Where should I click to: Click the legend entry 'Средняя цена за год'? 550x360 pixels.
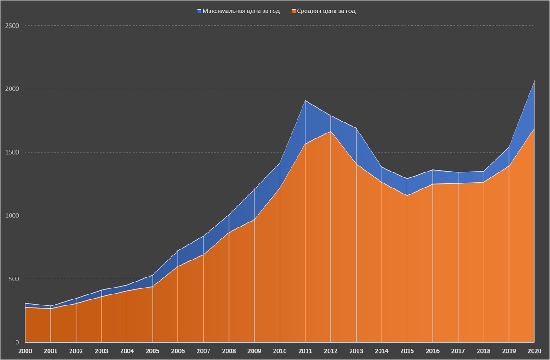click(x=326, y=11)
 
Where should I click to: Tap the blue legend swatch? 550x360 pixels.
click(x=199, y=11)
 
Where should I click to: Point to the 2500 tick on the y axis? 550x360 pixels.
click(x=12, y=26)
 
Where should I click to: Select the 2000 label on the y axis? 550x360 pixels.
click(x=12, y=89)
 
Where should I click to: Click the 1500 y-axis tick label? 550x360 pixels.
click(x=12, y=152)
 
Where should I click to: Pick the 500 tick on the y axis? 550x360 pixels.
click(x=14, y=279)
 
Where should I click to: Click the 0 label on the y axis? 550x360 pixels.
click(x=17, y=343)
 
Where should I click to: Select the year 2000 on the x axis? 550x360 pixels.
click(x=25, y=351)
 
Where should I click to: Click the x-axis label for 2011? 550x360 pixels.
click(x=305, y=351)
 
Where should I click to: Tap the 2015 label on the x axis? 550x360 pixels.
click(x=407, y=351)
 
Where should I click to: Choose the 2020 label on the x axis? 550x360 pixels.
click(x=534, y=351)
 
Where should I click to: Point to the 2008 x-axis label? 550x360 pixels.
click(x=229, y=351)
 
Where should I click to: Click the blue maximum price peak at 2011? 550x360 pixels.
click(x=305, y=100)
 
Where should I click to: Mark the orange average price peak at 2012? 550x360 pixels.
click(x=330, y=131)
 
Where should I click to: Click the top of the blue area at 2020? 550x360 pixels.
click(x=534, y=81)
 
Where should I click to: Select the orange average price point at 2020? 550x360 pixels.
click(x=534, y=128)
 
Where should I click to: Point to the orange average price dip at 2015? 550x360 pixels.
click(x=407, y=196)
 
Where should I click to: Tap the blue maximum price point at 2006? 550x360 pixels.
click(x=178, y=251)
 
